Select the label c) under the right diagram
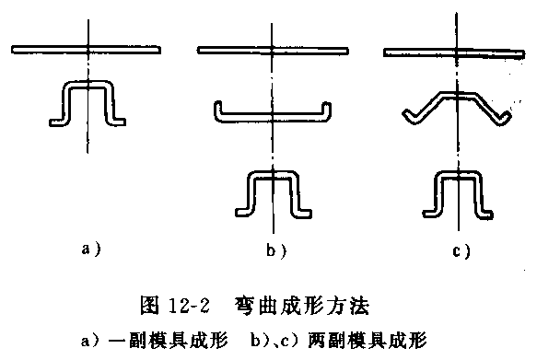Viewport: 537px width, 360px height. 461,250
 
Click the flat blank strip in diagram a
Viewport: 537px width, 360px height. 88,47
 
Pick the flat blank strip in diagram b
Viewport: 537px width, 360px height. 274,49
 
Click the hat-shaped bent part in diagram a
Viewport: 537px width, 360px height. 88,101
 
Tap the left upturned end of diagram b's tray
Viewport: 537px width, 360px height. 217,110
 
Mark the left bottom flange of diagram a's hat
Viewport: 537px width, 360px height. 58,119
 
